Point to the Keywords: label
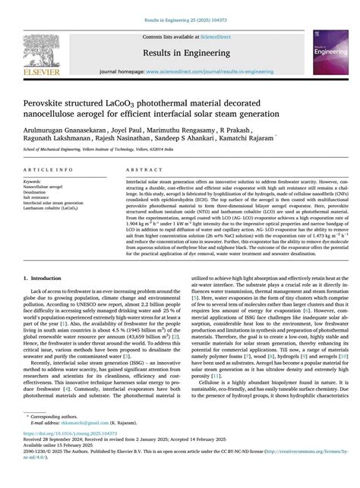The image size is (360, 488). (x=32, y=182)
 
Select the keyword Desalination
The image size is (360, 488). (x=36, y=193)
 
